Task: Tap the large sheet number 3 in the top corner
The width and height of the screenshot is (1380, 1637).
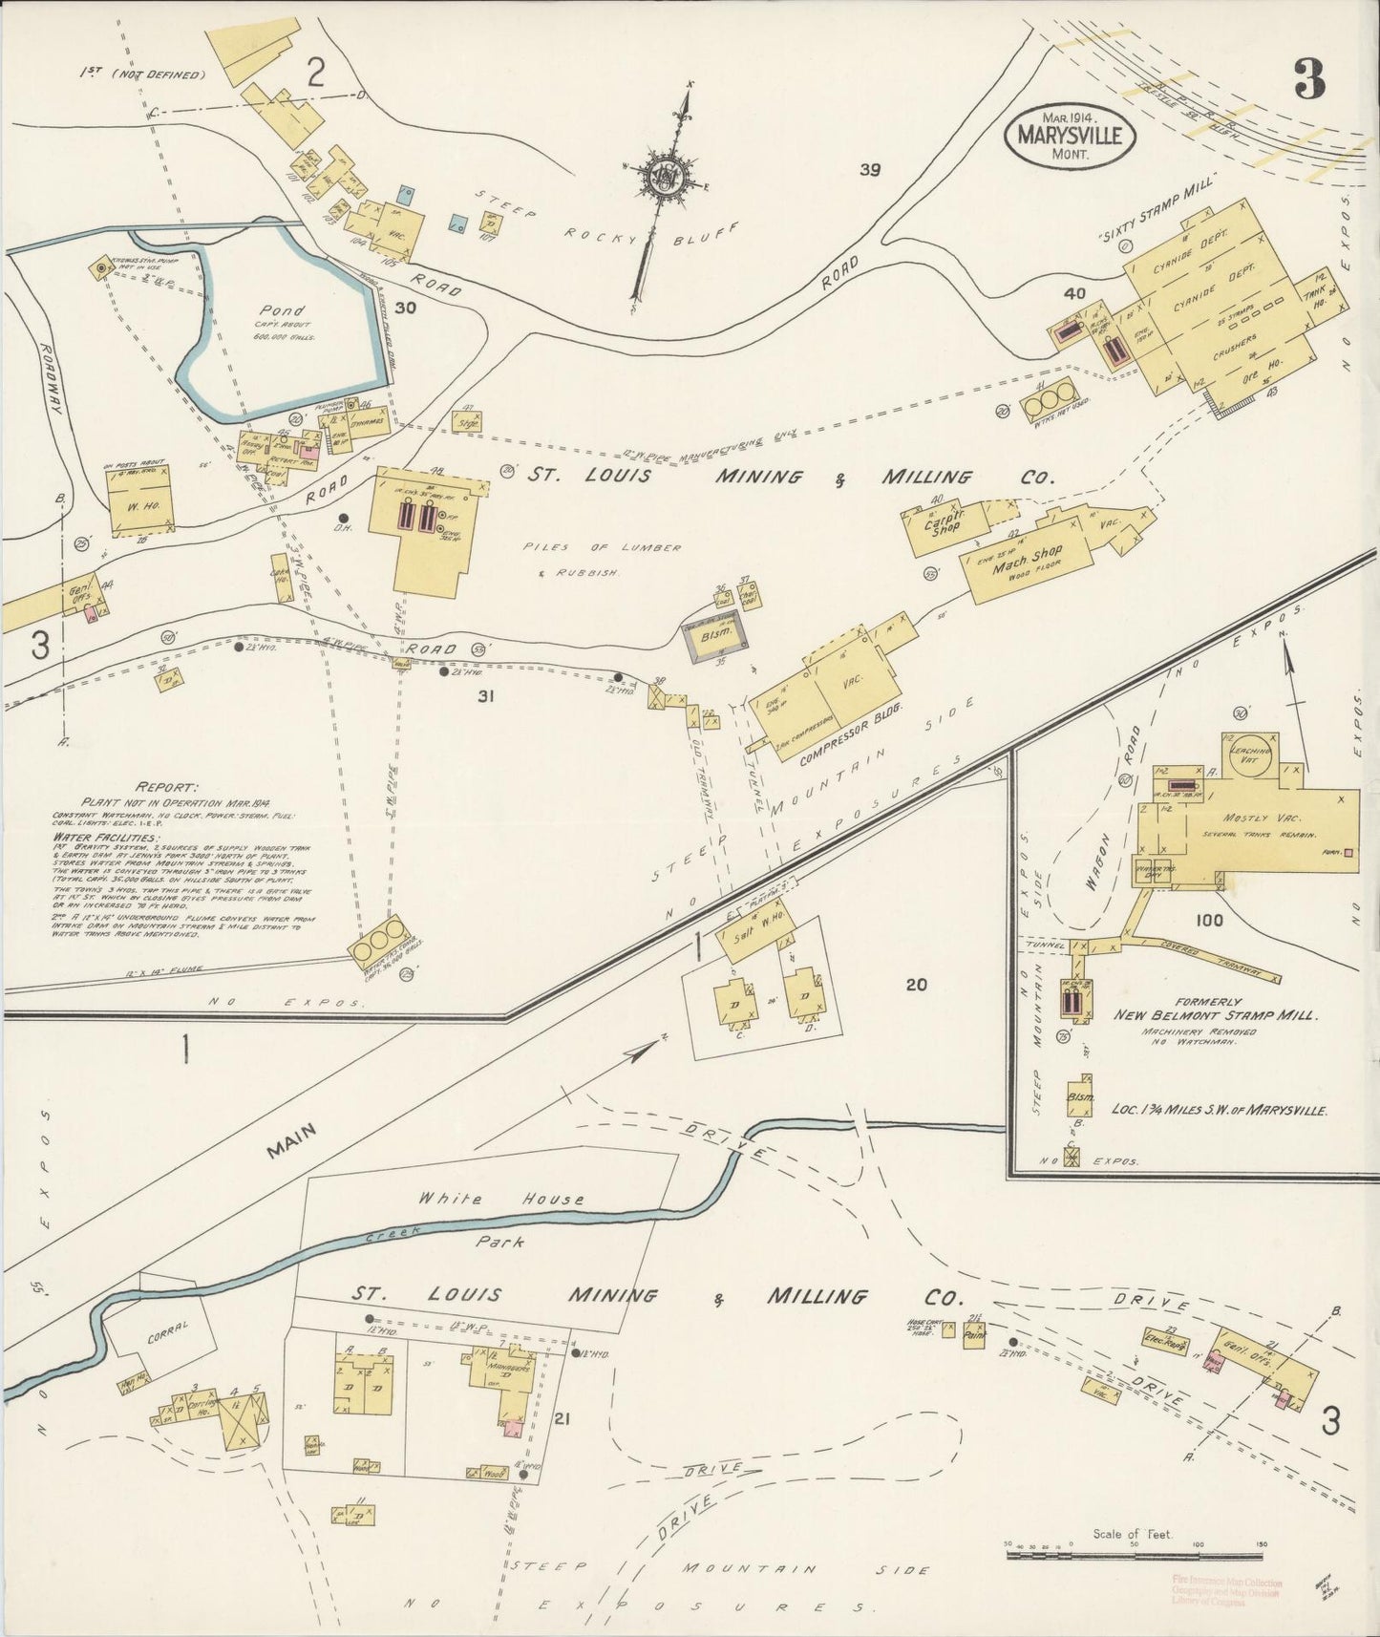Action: point(1309,80)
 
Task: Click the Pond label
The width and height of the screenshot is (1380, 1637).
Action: point(282,311)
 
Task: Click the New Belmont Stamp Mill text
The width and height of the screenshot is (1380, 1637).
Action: point(1215,1014)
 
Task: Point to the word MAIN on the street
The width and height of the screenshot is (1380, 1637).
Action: point(291,1140)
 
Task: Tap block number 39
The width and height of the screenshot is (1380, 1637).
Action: point(869,170)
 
